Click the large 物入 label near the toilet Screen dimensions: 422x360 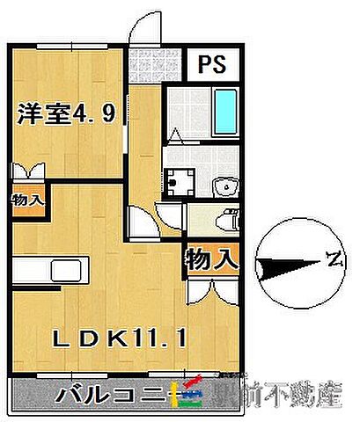click(211, 260)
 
